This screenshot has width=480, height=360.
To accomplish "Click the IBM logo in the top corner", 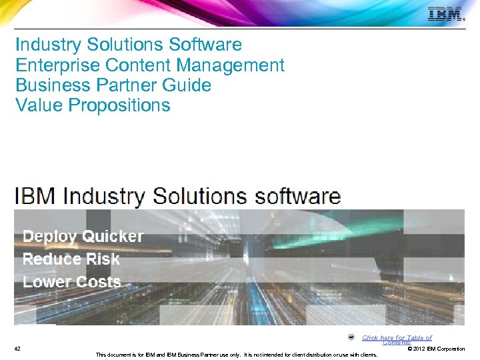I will [x=445, y=15].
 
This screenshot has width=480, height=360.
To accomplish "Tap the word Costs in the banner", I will [x=97, y=282].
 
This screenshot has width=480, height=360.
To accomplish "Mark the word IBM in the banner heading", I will [x=35, y=197].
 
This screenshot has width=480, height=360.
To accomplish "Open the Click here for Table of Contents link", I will [x=397, y=339].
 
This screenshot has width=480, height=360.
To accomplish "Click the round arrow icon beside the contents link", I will [x=351, y=337].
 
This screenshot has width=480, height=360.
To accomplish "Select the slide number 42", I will [x=17, y=349].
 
